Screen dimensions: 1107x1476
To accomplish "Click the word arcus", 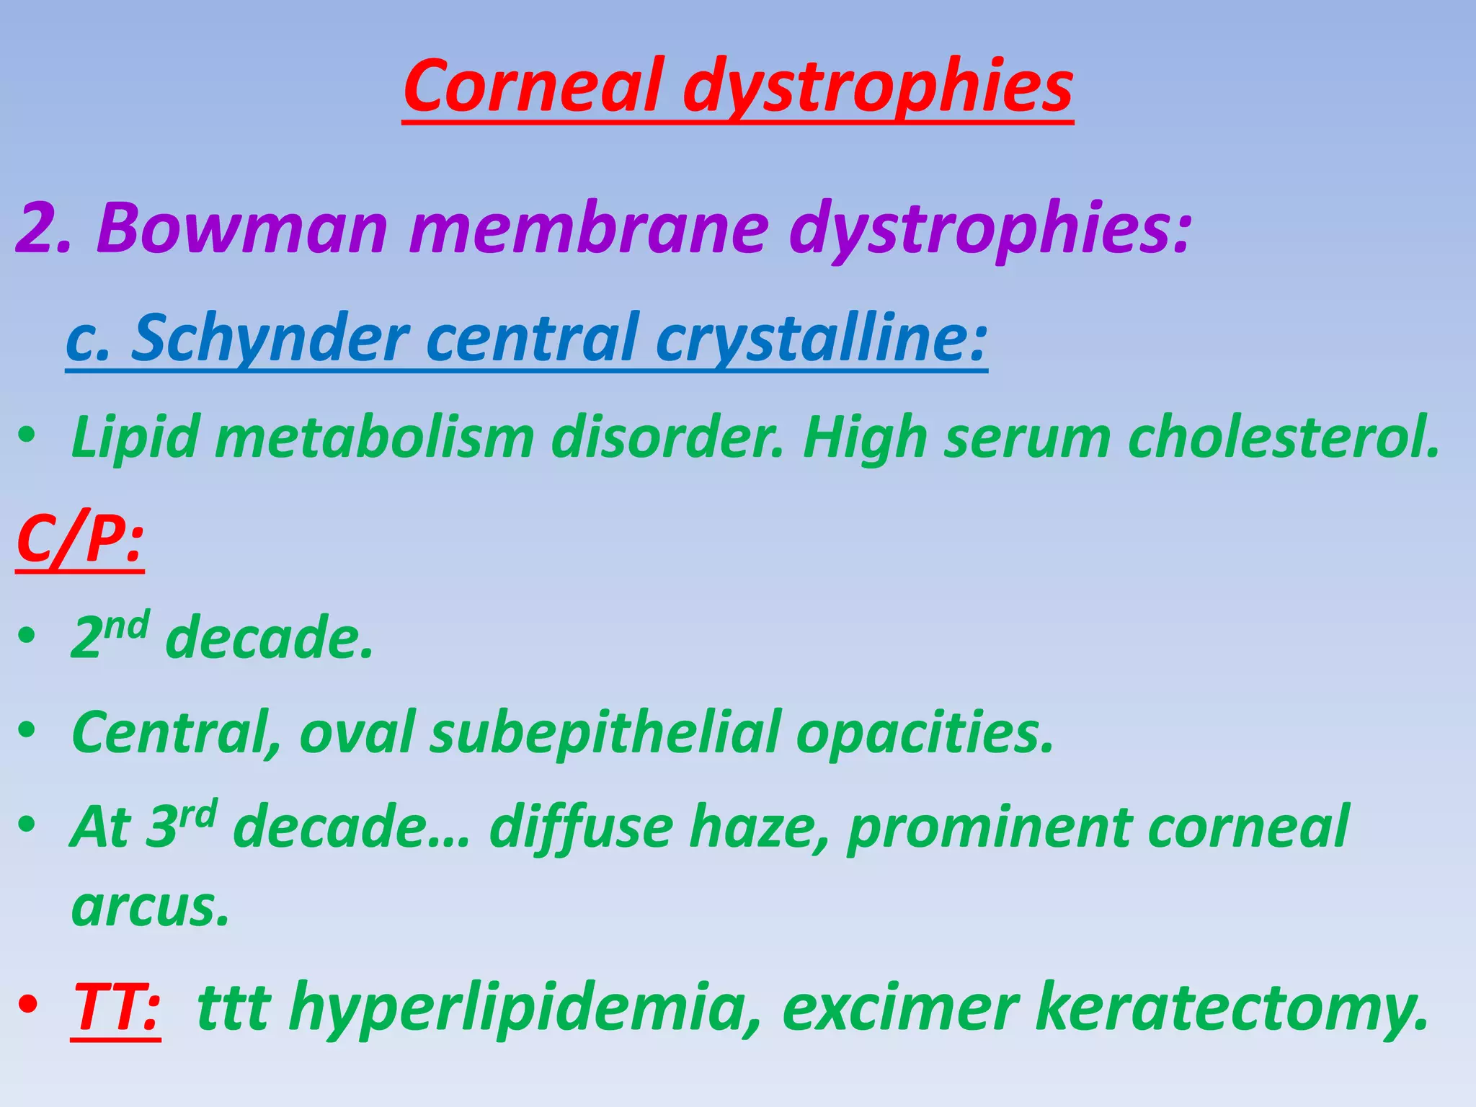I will point(150,907).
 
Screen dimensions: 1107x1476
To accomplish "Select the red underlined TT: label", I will point(116,1007).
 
